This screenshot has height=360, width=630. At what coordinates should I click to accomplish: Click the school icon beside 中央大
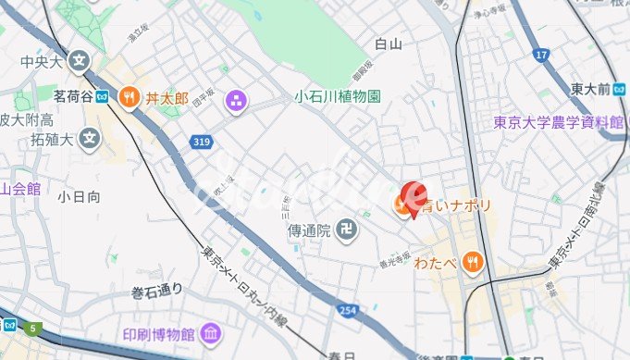pos(80,63)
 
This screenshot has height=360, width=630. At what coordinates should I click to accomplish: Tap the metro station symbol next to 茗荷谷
pos(102,95)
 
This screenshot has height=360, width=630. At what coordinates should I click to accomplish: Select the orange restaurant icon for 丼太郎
pos(130,96)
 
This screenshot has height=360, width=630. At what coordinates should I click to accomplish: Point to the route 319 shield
pos(202,142)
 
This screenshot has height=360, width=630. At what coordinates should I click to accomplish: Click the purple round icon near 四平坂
pos(238,99)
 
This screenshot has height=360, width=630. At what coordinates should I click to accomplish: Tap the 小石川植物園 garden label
pos(338,96)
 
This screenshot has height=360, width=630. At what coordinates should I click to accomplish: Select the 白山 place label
pos(389,43)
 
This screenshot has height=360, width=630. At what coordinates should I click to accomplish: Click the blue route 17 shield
pos(541,57)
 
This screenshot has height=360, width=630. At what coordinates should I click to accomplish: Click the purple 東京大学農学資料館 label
pos(558,122)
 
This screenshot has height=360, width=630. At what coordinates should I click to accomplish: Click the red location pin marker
pos(413,195)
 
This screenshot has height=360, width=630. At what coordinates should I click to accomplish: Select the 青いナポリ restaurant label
pos(456,206)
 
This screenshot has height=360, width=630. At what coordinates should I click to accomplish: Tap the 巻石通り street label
pos(156,292)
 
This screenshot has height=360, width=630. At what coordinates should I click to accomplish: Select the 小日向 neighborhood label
pos(77,196)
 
